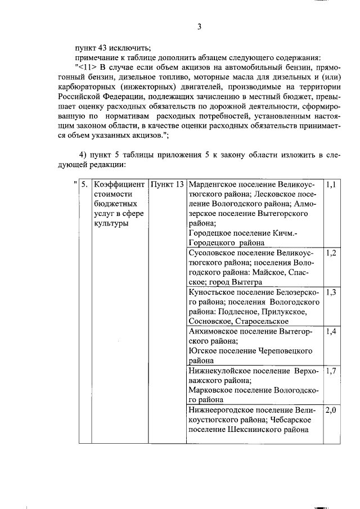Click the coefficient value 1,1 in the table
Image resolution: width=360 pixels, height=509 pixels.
pos(331,184)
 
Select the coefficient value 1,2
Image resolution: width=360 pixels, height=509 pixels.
pos(331,253)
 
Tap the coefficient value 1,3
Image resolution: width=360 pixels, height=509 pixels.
pos(331,292)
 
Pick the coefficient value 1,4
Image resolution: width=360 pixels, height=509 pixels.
pos(331,331)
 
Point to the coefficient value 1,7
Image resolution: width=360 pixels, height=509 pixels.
pos(331,371)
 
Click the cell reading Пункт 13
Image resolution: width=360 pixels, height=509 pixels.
pos(167,184)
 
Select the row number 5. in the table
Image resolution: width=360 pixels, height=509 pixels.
pos(84,184)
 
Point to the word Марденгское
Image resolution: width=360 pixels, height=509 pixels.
pos(213,184)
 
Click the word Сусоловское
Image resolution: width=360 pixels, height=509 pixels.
pos(213,253)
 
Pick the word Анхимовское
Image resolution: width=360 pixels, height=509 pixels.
pos(214,331)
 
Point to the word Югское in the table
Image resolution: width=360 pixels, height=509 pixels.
pos(202,351)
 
